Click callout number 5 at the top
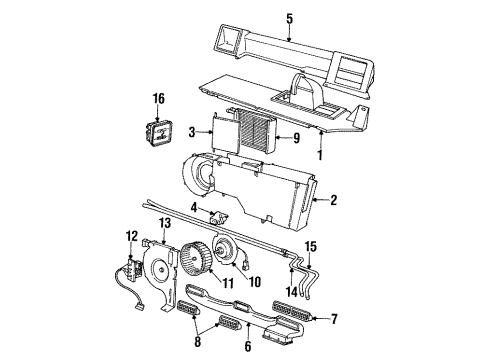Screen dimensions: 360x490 pos(289,17)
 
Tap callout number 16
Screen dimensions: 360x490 pos(158,99)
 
